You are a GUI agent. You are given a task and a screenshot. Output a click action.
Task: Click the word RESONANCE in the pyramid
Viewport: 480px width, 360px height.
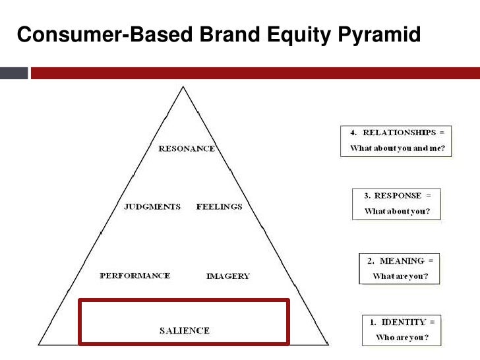click(187, 148)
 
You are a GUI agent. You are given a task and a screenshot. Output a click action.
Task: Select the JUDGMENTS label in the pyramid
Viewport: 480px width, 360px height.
click(152, 206)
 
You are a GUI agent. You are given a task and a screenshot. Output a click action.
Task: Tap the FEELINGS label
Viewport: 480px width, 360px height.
click(219, 206)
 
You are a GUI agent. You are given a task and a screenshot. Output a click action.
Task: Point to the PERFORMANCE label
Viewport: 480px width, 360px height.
click(135, 276)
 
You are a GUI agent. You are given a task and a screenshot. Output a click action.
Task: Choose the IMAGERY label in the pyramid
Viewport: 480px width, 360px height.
click(228, 276)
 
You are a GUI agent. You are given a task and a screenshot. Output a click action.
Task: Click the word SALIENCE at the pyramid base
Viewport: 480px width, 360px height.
click(185, 330)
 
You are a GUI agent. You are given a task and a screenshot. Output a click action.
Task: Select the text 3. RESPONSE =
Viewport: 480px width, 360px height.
click(397, 196)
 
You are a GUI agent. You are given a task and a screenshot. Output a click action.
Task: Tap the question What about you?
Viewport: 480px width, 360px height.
click(397, 212)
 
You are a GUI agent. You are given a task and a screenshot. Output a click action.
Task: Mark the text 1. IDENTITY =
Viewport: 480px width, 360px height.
click(400, 322)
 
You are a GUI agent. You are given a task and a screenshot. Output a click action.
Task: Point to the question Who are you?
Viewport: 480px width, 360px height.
click(400, 338)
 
